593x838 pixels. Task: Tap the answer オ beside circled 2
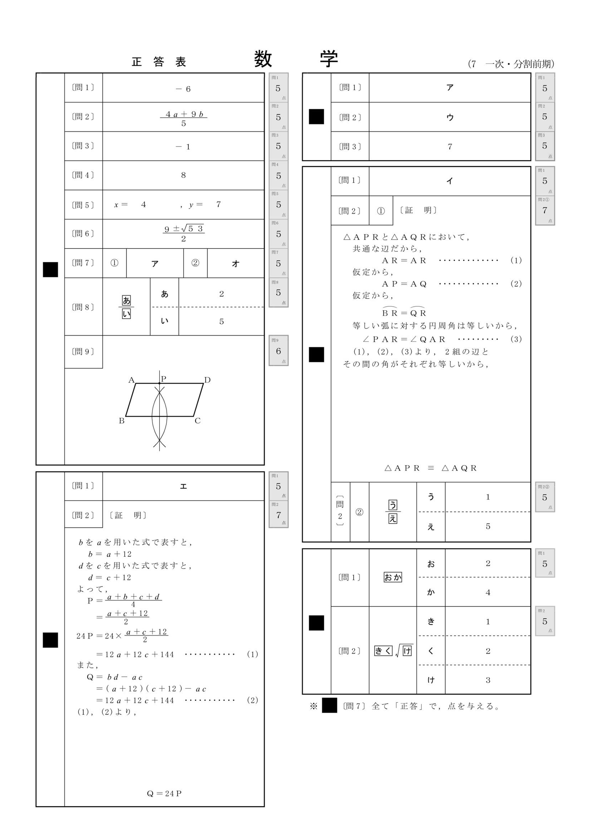pyautogui.click(x=235, y=263)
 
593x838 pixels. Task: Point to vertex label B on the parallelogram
pyautogui.click(x=122, y=421)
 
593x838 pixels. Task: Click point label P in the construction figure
pyautogui.click(x=163, y=379)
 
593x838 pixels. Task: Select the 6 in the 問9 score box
pyautogui.click(x=278, y=351)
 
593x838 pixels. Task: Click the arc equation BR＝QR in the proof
pyautogui.click(x=404, y=312)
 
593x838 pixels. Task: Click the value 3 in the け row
pyautogui.click(x=488, y=680)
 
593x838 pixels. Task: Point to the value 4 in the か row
pyautogui.click(x=488, y=592)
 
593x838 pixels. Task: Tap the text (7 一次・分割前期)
pyautogui.click(x=511, y=64)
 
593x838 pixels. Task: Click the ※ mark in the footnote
pyautogui.click(x=314, y=706)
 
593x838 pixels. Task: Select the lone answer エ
pyautogui.click(x=183, y=486)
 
